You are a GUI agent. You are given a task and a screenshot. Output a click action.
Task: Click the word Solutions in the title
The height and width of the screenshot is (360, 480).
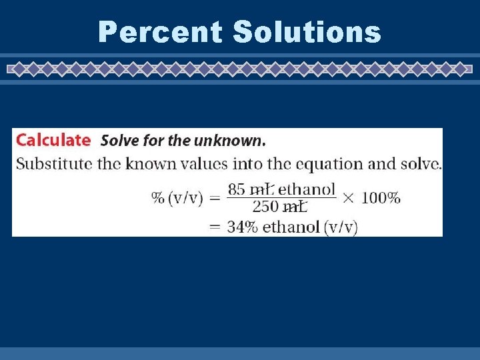[x=307, y=32]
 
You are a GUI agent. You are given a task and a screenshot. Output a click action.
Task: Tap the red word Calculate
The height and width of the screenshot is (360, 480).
[x=53, y=140]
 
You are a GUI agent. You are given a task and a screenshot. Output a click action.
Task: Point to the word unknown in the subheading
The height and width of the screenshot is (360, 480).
[x=231, y=141]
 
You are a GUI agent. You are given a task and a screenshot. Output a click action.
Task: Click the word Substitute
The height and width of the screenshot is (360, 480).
[x=54, y=163]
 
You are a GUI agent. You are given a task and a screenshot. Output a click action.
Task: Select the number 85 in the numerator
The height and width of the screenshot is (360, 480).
[x=237, y=189]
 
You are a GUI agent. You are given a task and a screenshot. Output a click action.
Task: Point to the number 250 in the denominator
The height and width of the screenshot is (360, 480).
[x=265, y=207]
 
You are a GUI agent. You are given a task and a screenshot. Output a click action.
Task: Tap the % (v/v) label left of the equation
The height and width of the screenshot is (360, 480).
[x=177, y=199]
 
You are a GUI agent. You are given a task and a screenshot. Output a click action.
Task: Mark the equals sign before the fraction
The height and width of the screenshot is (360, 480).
[x=215, y=199]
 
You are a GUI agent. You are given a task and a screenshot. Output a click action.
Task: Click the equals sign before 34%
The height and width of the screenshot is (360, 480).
[x=215, y=227]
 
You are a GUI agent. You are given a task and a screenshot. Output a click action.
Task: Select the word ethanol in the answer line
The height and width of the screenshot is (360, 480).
[x=291, y=227]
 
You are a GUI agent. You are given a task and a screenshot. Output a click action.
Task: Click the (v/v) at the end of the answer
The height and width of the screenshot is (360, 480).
[x=341, y=227]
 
